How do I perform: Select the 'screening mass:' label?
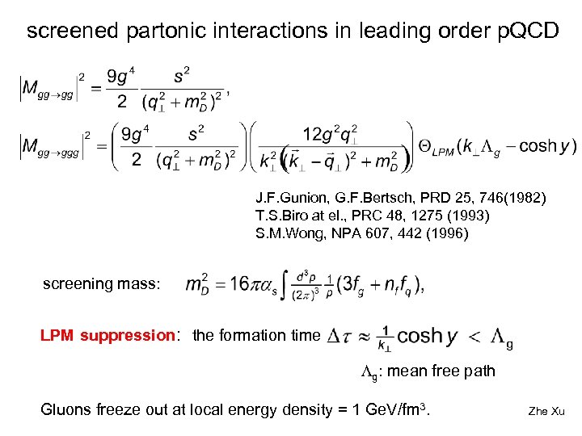[x=102, y=283]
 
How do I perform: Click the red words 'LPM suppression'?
[x=108, y=335]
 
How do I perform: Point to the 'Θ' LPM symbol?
[x=426, y=146]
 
